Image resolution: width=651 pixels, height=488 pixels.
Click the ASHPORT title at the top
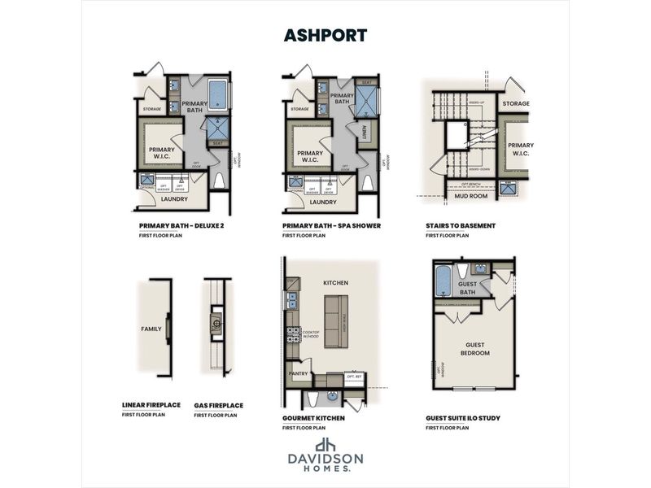325,35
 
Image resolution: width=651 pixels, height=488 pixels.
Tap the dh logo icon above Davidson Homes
325,446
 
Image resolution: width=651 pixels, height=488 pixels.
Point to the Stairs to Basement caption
461,225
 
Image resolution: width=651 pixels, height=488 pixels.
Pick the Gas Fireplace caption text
218,405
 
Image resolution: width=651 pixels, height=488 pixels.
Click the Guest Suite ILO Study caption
462,418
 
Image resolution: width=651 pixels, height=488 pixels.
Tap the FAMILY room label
151,329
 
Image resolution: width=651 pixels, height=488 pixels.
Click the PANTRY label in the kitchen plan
298,374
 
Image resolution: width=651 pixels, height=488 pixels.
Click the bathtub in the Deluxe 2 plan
217,94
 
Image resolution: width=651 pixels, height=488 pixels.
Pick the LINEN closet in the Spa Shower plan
365,131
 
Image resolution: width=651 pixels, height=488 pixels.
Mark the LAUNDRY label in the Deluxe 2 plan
174,198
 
